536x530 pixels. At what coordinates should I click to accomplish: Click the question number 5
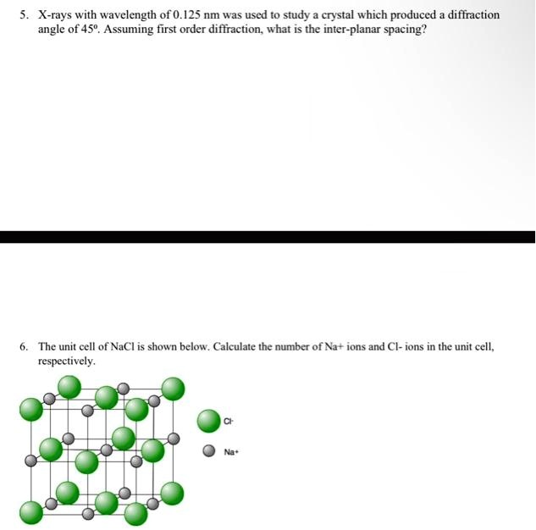pyautogui.click(x=25, y=15)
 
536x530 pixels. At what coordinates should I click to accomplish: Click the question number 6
pyautogui.click(x=25, y=347)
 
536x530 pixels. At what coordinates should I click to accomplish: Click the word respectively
pyautogui.click(x=66, y=361)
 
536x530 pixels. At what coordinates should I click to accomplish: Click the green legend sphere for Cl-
pyautogui.click(x=209, y=421)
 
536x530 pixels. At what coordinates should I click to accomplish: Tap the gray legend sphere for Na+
pyautogui.click(x=208, y=451)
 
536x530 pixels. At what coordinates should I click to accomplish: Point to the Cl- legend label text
pyautogui.click(x=229, y=421)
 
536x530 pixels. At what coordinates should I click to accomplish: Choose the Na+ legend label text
pyautogui.click(x=232, y=452)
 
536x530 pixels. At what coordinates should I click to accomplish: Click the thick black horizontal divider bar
pyautogui.click(x=268, y=237)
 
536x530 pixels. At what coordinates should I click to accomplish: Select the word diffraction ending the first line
pyautogui.click(x=471, y=15)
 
